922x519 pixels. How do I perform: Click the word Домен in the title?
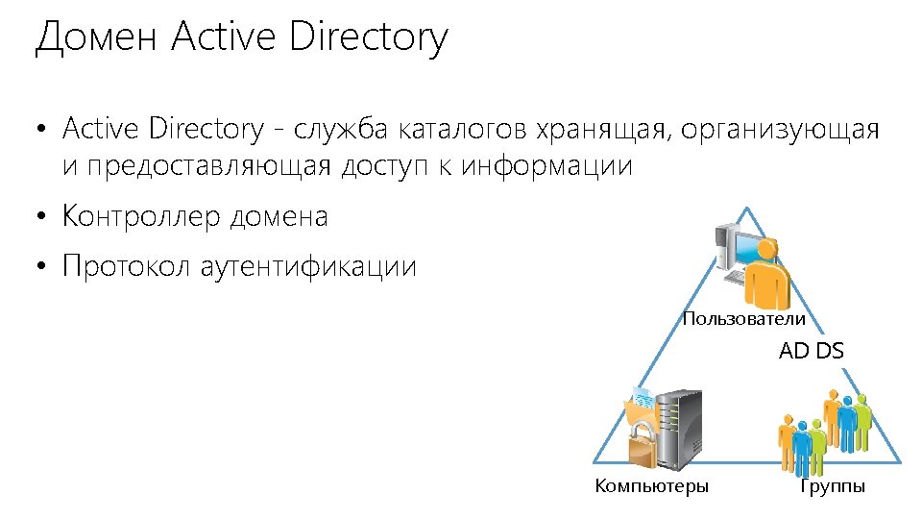click(x=95, y=38)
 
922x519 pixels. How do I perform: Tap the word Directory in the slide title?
click(x=368, y=38)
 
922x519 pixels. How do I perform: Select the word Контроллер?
click(x=142, y=217)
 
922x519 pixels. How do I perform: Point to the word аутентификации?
click(x=308, y=266)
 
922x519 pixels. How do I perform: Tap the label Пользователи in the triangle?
click(x=743, y=318)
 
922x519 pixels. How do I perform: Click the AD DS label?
click(x=812, y=351)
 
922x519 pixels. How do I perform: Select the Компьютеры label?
click(x=652, y=486)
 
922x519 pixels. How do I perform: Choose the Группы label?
click(x=833, y=486)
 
